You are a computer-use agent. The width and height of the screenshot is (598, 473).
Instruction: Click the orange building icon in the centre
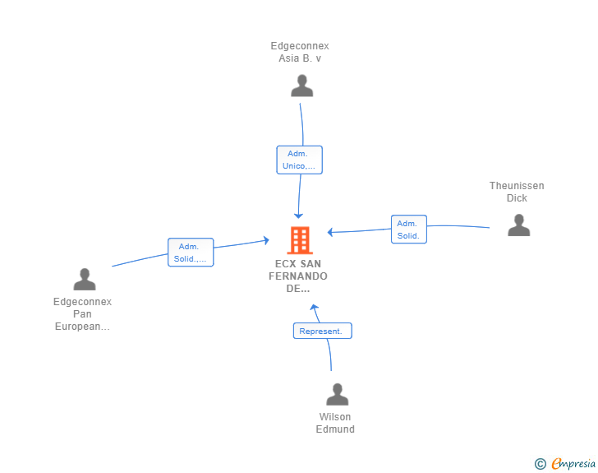(300, 240)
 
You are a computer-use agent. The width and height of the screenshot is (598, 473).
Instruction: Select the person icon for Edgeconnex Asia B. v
(301, 86)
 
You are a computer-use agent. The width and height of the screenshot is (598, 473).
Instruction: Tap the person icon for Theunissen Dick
(518, 225)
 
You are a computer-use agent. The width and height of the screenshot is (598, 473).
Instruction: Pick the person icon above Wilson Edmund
(337, 394)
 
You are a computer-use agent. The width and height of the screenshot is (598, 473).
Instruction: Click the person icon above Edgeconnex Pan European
(85, 280)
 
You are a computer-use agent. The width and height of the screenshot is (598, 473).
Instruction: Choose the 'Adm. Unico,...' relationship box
(299, 160)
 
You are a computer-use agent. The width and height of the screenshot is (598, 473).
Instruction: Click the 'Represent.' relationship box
(322, 331)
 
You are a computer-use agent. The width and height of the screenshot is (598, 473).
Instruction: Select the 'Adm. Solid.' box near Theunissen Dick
(409, 230)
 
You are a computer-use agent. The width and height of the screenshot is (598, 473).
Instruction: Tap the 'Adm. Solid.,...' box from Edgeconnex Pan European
(191, 253)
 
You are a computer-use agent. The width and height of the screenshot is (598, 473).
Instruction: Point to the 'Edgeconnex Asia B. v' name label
(300, 52)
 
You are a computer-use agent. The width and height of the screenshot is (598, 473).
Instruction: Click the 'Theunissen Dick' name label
(517, 192)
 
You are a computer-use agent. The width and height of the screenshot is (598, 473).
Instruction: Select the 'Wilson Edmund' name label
(335, 423)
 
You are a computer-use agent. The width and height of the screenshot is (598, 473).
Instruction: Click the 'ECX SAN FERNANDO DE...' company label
(298, 276)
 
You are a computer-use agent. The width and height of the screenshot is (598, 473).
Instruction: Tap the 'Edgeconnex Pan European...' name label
(82, 314)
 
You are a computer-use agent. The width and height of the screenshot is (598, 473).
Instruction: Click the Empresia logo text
(573, 463)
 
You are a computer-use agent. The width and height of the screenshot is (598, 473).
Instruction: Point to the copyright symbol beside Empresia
(540, 464)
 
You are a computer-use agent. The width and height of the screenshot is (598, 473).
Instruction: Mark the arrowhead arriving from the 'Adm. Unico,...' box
(299, 216)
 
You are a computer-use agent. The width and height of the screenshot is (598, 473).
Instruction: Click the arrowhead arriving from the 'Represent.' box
(314, 307)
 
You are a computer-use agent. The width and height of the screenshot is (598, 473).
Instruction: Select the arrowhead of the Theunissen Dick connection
(330, 232)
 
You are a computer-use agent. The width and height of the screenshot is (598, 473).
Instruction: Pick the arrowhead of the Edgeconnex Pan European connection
(267, 240)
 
